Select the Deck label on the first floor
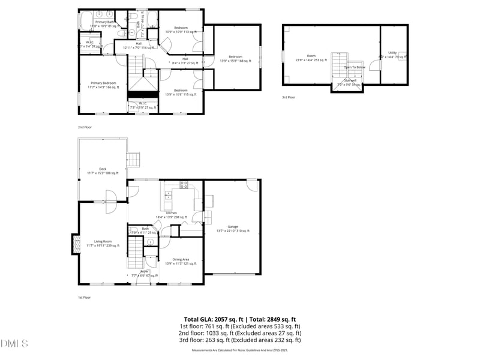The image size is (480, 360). tap(103, 171)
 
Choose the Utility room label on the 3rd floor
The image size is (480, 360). tap(392, 55)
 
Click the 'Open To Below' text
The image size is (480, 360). tap(354, 67)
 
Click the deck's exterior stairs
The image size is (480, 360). tap(133, 159)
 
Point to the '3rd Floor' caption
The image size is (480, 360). tap(289, 97)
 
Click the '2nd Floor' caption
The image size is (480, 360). tap(85, 127)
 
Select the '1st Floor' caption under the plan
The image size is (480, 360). tap(84, 297)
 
